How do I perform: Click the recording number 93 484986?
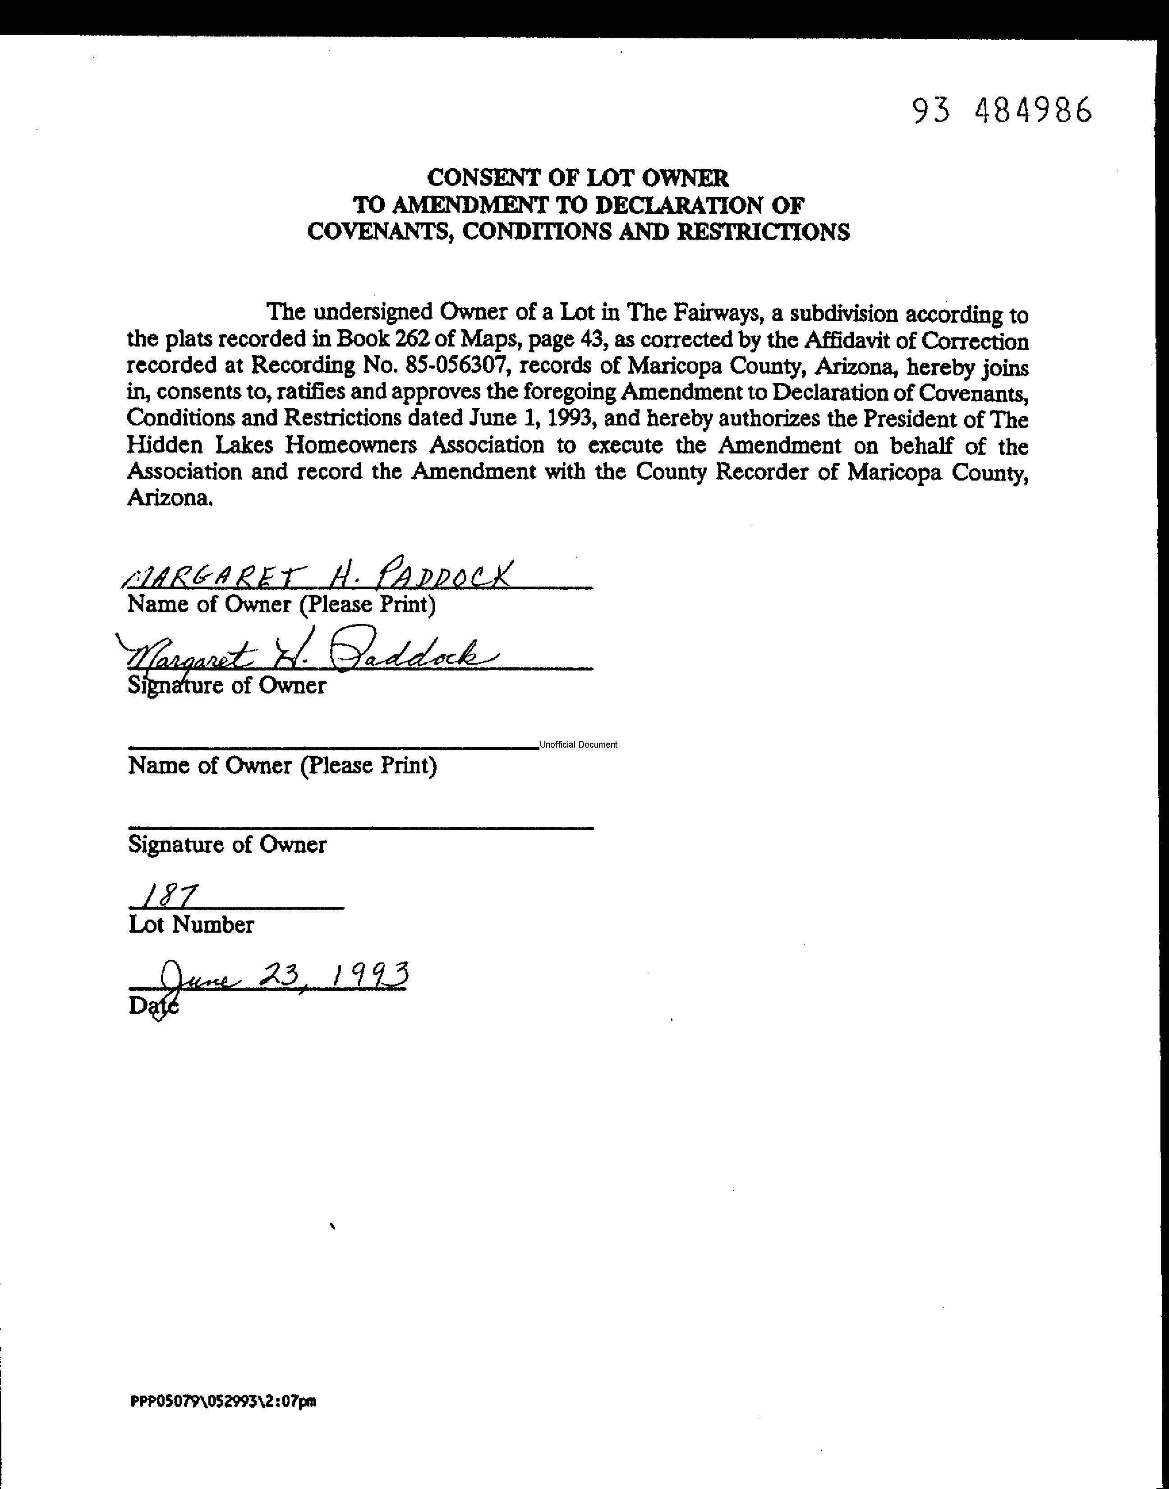(x=1002, y=110)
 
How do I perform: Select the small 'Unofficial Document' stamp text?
(x=578, y=745)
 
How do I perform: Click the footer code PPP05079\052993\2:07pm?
(x=223, y=1401)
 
